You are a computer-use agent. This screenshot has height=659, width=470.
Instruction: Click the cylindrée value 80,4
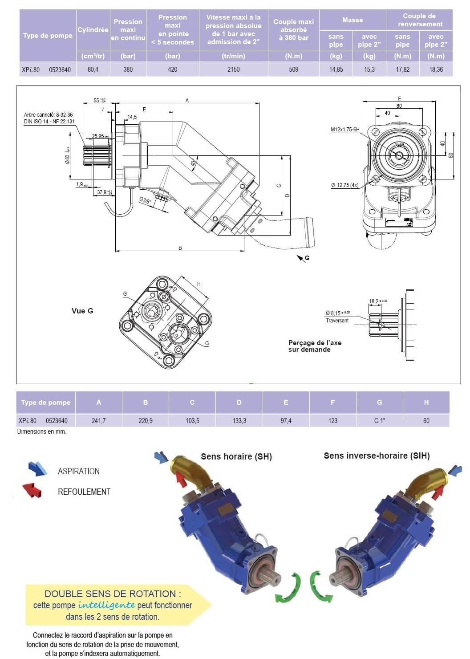point(93,69)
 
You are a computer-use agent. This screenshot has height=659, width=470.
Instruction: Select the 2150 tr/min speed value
point(233,69)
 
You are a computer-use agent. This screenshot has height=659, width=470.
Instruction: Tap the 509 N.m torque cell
point(294,69)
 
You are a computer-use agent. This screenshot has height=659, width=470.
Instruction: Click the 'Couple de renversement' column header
point(420,20)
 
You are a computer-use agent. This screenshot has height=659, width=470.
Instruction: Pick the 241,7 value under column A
point(98,421)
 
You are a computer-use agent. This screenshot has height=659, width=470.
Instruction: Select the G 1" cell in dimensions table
point(380,421)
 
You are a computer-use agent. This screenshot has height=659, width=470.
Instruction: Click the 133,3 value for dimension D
point(239,421)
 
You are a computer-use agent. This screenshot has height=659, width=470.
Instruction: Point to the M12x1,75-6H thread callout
point(344,130)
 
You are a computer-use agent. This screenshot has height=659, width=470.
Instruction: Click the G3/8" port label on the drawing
point(146,200)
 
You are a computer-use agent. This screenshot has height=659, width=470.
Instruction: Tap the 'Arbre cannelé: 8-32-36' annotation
point(49,115)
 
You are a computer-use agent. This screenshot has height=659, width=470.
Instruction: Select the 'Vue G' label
point(82,311)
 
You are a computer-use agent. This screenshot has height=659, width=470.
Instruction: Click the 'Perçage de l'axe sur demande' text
point(315,346)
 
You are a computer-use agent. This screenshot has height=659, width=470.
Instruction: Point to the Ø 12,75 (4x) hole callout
point(344,185)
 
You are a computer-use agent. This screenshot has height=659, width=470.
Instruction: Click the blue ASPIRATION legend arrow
point(37,468)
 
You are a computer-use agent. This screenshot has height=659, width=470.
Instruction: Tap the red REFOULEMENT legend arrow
point(32,490)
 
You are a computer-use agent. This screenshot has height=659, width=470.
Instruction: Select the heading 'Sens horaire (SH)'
point(236,456)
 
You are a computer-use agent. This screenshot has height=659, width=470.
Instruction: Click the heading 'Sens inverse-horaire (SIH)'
point(377,456)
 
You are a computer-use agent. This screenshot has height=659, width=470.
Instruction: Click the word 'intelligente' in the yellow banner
point(107,605)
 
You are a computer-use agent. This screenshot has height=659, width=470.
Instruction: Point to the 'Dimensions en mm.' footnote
point(41,431)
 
